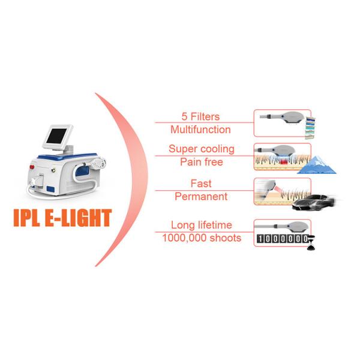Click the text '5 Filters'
pos(200,116)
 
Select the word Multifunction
pos(200,129)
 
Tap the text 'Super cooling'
pos(201,149)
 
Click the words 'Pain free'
pos(200,161)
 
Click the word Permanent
pos(200,196)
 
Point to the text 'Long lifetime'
pos(201,225)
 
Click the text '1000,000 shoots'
pos(201,238)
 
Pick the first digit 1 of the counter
pos(259,239)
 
